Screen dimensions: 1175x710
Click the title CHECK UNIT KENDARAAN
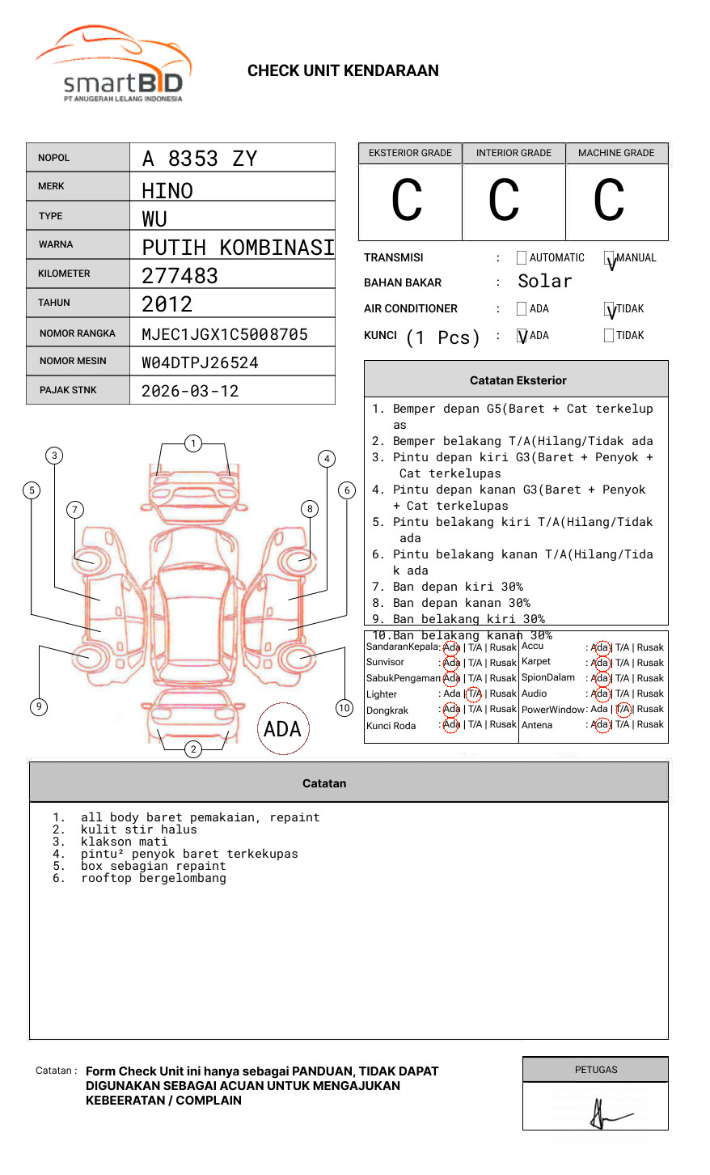click(343, 71)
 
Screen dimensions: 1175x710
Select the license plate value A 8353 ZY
click(199, 159)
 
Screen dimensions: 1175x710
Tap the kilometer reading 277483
click(180, 276)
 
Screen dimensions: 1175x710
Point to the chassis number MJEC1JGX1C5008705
click(225, 334)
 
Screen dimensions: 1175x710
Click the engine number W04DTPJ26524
click(200, 363)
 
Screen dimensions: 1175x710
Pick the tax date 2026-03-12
click(190, 391)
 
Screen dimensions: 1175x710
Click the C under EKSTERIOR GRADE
click(407, 201)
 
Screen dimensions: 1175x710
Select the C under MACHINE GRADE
click(609, 201)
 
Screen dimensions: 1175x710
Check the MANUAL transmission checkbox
click(609, 258)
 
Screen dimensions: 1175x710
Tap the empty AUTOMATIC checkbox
click(522, 258)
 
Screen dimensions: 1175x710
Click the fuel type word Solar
click(544, 282)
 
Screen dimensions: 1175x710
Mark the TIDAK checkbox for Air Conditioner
click(609, 309)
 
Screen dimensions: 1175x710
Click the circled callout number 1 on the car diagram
click(192, 443)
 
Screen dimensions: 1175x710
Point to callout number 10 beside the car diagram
click(344, 708)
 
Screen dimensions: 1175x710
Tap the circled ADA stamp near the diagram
click(282, 729)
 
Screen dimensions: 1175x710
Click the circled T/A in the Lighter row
click(474, 694)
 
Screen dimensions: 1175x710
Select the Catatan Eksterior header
click(518, 380)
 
